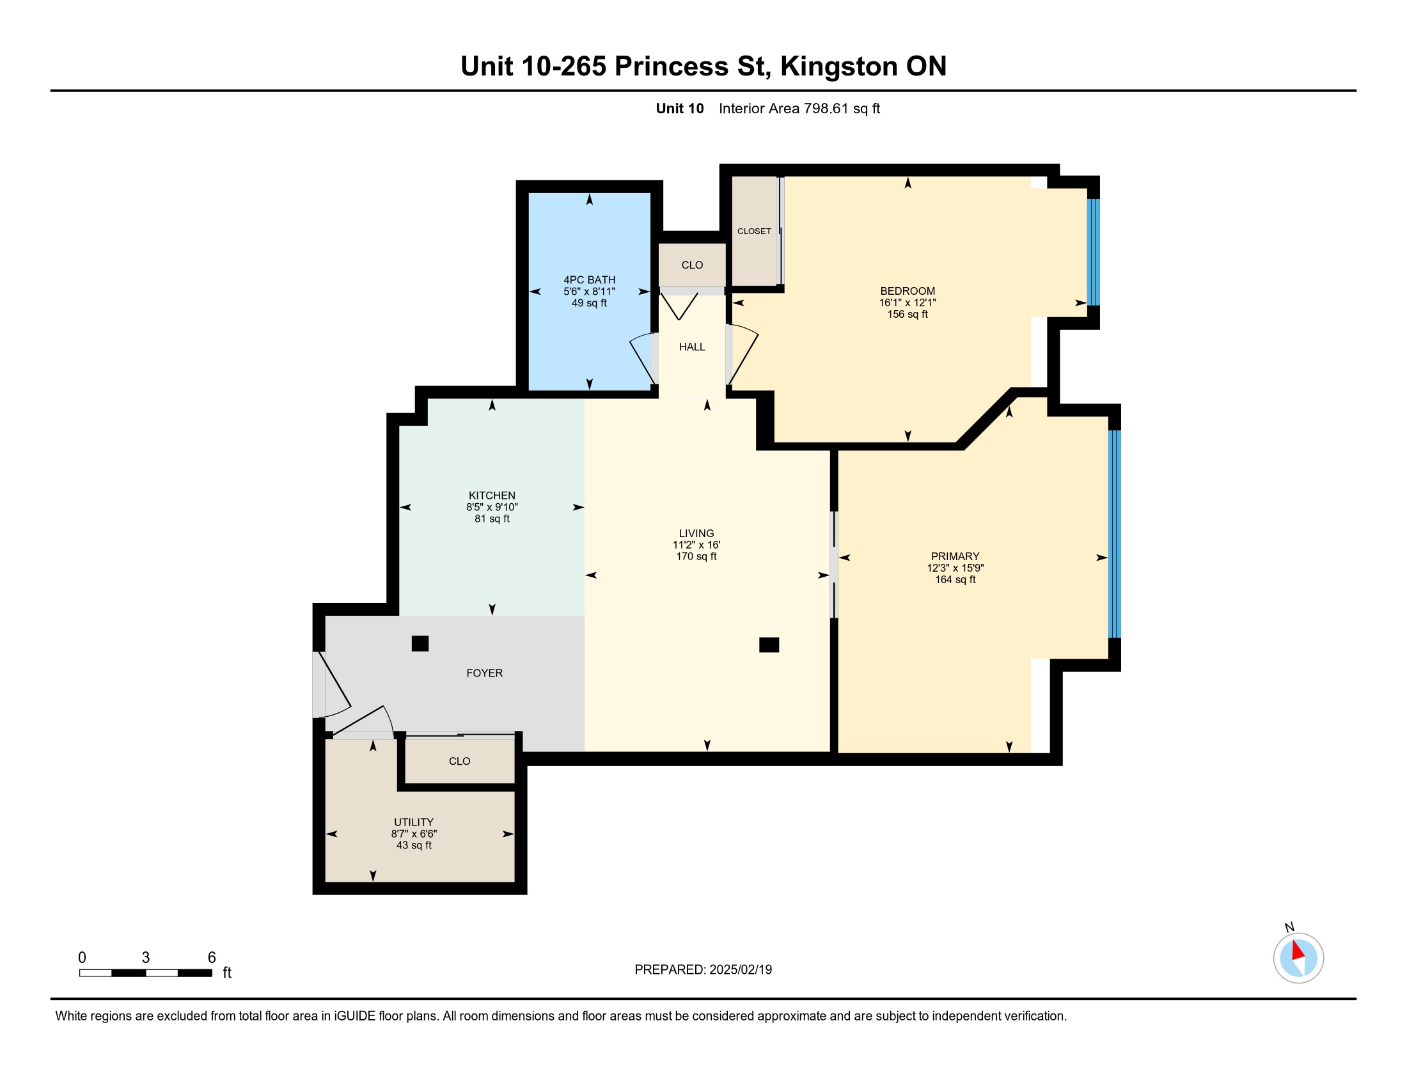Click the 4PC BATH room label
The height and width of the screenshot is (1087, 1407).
[589, 279]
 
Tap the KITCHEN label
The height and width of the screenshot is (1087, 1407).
[492, 495]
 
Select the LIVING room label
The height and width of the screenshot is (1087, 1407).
[696, 533]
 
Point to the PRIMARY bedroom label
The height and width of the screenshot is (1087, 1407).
[955, 556]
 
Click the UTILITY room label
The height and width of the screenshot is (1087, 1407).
[414, 822]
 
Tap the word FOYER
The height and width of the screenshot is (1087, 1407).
[485, 673]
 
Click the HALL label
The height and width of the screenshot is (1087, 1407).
[692, 347]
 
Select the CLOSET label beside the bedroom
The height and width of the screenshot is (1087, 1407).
[754, 231]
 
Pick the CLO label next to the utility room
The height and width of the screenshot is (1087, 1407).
[459, 761]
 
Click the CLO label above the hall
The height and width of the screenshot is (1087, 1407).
[692, 265]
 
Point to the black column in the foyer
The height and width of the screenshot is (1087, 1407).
[420, 643]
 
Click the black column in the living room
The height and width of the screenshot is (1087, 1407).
[769, 645]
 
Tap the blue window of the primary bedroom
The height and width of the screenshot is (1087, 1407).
[1115, 534]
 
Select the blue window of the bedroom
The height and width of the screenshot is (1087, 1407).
[1094, 252]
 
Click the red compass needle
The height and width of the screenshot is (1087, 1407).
[1298, 950]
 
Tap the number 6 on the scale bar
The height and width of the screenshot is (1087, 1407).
[211, 958]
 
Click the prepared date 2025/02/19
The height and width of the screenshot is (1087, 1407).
[740, 970]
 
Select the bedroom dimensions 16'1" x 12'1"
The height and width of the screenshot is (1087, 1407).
[907, 302]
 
